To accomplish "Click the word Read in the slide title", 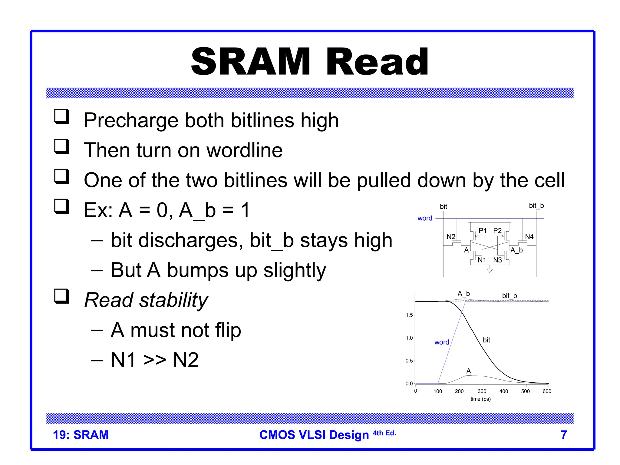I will click(x=377, y=62).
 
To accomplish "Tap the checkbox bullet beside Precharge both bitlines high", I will click(x=62, y=117).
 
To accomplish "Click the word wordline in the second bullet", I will click(x=244, y=150).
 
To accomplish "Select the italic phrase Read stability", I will click(x=146, y=300).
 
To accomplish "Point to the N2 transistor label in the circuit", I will click(x=451, y=237).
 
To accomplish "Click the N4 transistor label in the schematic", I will click(x=529, y=237).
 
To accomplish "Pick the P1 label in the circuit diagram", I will click(x=483, y=231).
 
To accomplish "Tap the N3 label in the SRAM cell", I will click(x=497, y=260).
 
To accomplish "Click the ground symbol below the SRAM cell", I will click(x=490, y=270).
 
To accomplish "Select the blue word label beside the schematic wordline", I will click(x=425, y=218).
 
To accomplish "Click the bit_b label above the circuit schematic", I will click(x=536, y=206).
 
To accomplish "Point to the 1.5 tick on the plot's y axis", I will click(x=409, y=315).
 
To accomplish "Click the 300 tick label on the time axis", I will click(x=482, y=391).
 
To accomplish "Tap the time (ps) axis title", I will click(x=480, y=399).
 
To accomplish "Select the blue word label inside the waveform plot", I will click(x=441, y=342).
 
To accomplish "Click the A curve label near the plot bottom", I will click(x=469, y=371).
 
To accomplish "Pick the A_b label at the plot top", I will click(x=463, y=294).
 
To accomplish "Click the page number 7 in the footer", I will click(x=564, y=435).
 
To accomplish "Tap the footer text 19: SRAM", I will click(x=81, y=435).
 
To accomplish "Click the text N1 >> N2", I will click(x=155, y=360).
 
